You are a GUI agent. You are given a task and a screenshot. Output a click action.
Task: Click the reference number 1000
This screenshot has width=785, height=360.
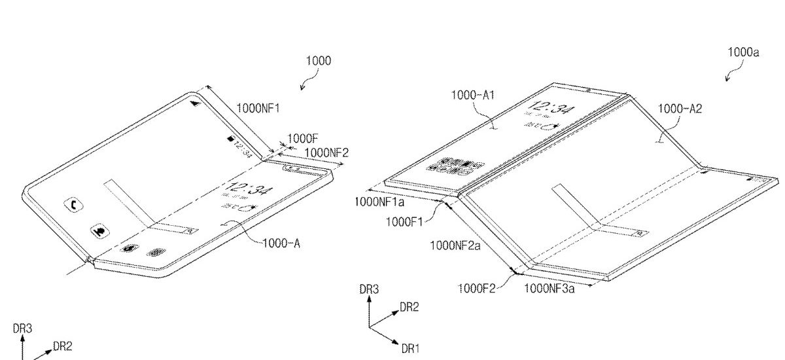(x=319, y=62)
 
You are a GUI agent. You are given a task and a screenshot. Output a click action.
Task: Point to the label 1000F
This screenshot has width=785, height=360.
(x=302, y=139)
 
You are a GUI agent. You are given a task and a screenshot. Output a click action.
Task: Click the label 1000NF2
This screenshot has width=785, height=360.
(x=326, y=153)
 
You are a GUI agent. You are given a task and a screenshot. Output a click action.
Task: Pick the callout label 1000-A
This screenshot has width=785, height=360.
(x=281, y=243)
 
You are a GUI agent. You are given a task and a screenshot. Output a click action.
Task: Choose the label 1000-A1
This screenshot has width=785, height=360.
(x=473, y=95)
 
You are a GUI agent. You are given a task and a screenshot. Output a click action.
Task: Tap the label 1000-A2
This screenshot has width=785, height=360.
(x=680, y=109)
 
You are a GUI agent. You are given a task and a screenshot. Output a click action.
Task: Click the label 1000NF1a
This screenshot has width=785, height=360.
(x=379, y=202)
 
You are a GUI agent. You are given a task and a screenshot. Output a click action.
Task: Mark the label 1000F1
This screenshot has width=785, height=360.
(x=406, y=222)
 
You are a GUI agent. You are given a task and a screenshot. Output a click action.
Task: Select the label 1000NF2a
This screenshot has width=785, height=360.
(x=455, y=245)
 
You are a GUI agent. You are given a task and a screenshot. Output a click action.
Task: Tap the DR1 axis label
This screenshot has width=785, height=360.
(x=410, y=349)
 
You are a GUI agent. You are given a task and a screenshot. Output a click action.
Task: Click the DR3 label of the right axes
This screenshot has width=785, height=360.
(x=370, y=288)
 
